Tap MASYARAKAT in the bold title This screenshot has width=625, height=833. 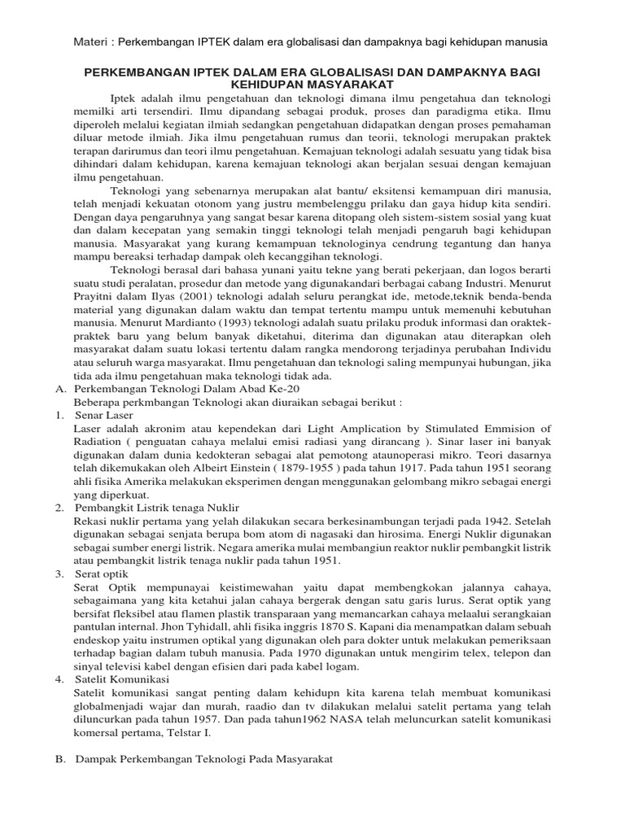[x=352, y=84]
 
